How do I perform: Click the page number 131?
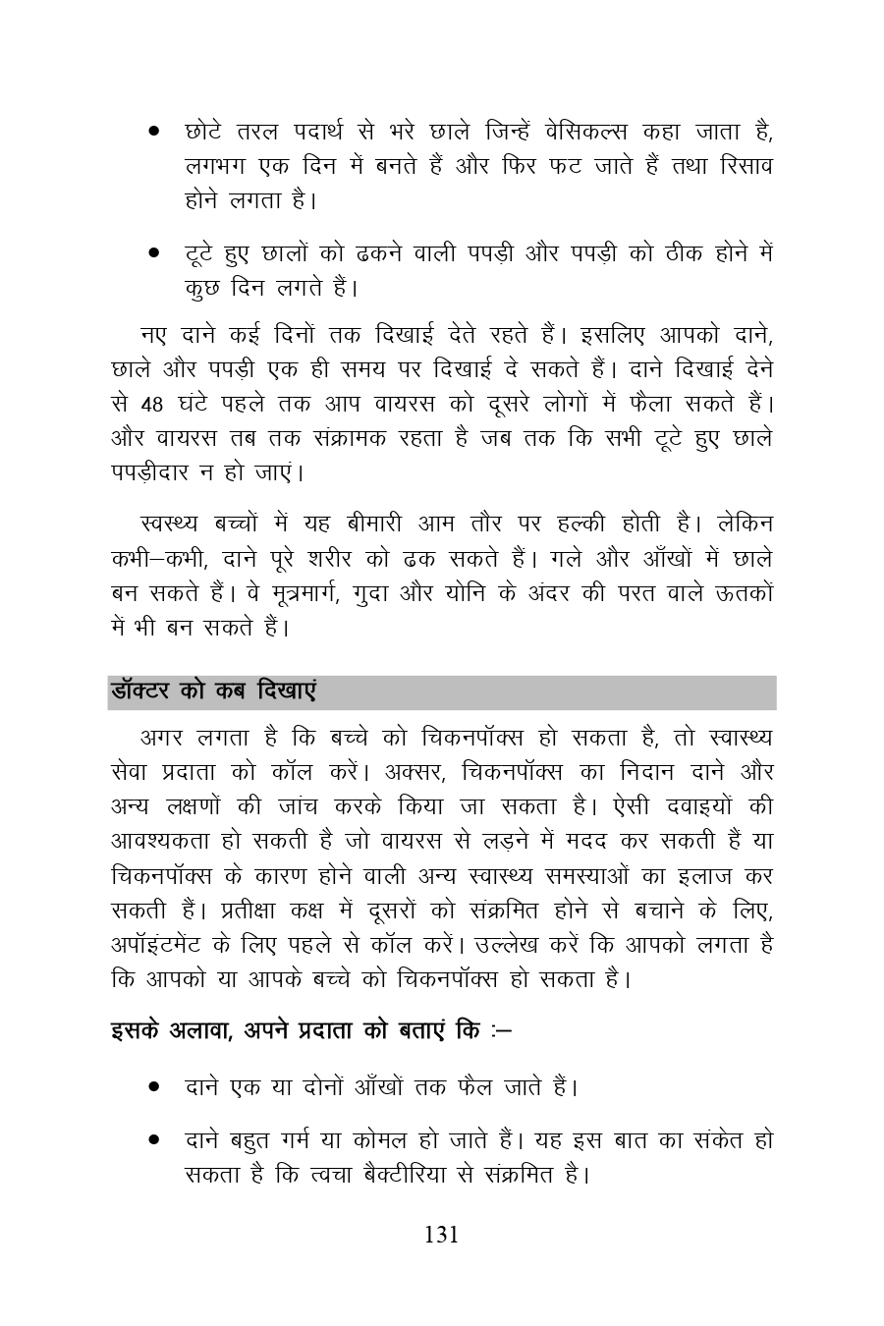point(441,1235)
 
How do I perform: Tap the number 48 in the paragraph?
point(152,404)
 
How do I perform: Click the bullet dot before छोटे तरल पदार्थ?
point(154,131)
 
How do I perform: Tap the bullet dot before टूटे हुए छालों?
point(154,253)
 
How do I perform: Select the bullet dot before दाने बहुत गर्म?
point(154,1141)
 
